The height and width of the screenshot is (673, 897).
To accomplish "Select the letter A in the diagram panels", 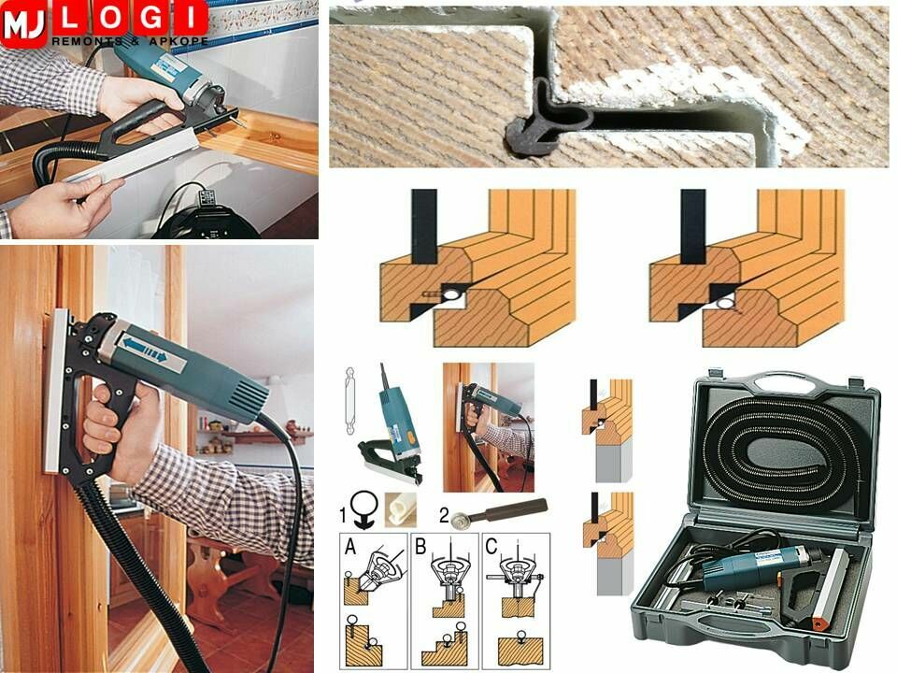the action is pos(350,548).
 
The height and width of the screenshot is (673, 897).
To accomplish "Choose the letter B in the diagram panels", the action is pos(420,547).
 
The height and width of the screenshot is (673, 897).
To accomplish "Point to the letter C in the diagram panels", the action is pos(491,547).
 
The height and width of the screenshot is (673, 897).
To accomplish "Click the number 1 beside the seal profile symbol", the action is pos(343,516).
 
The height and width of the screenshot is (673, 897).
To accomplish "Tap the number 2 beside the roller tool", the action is pos(445,516).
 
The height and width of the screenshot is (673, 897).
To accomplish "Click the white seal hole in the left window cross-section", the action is pos(451,294).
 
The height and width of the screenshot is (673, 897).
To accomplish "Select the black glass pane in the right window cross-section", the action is pos(692,226).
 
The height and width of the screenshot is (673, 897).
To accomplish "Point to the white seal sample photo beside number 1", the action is pos(401,510).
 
